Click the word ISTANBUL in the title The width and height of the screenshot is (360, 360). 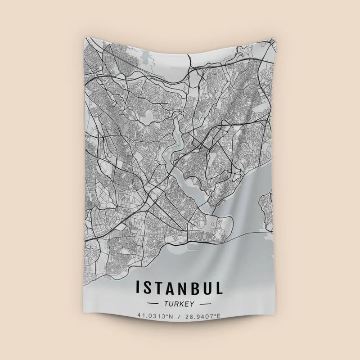179,287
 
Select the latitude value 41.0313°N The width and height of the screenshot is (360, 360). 155,316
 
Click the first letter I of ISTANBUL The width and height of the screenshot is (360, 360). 138,287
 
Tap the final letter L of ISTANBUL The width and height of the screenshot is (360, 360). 219,287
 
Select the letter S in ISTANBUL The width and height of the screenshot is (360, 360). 147,287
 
